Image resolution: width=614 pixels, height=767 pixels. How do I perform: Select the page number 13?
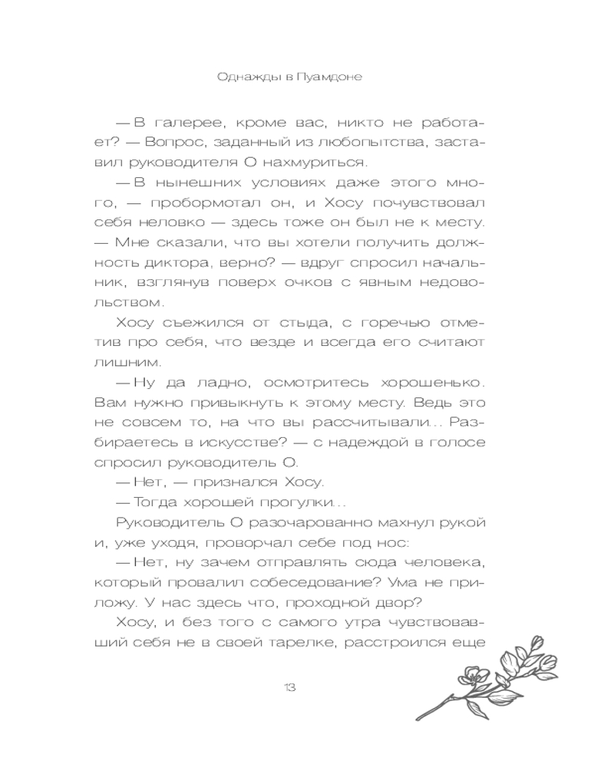pyautogui.click(x=289, y=686)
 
